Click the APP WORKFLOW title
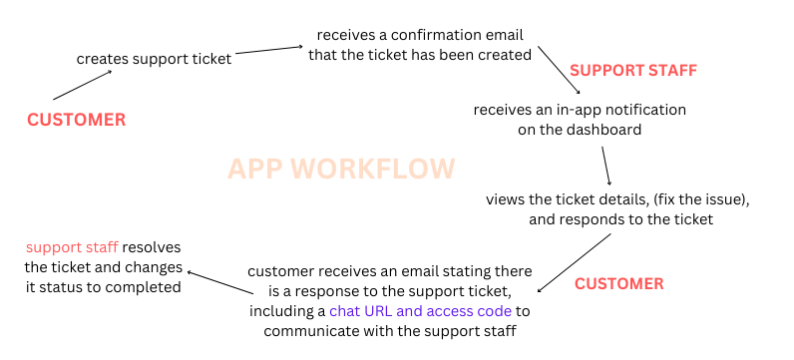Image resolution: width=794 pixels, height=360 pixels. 342,168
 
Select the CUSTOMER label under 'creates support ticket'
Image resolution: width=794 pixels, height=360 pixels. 77,120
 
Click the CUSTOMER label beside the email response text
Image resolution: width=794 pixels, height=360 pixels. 619,283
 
